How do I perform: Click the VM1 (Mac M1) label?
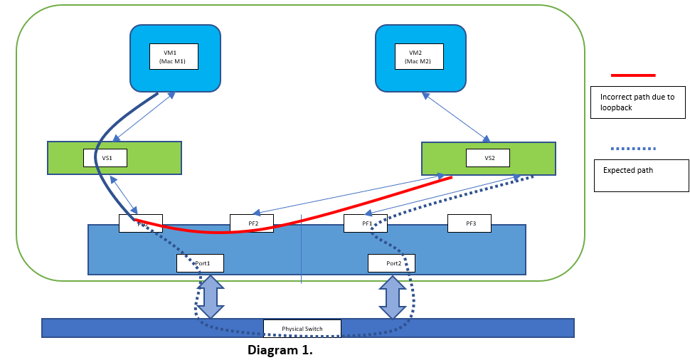point(174,56)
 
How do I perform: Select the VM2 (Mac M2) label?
point(419,56)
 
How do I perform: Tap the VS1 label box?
point(107,157)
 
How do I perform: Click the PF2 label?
point(253,223)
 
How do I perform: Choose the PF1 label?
point(366,223)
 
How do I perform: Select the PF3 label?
point(470,223)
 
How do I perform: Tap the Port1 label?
point(200,263)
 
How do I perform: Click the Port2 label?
point(391,263)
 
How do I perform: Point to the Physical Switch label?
point(302,328)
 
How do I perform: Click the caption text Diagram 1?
point(280,350)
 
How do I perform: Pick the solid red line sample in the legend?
point(632,75)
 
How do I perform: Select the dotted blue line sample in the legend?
point(632,149)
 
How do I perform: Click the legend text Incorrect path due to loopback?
point(637,102)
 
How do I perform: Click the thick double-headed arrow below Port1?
point(210,296)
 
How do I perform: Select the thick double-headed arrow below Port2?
point(392,297)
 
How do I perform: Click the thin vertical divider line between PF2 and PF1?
point(302,249)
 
